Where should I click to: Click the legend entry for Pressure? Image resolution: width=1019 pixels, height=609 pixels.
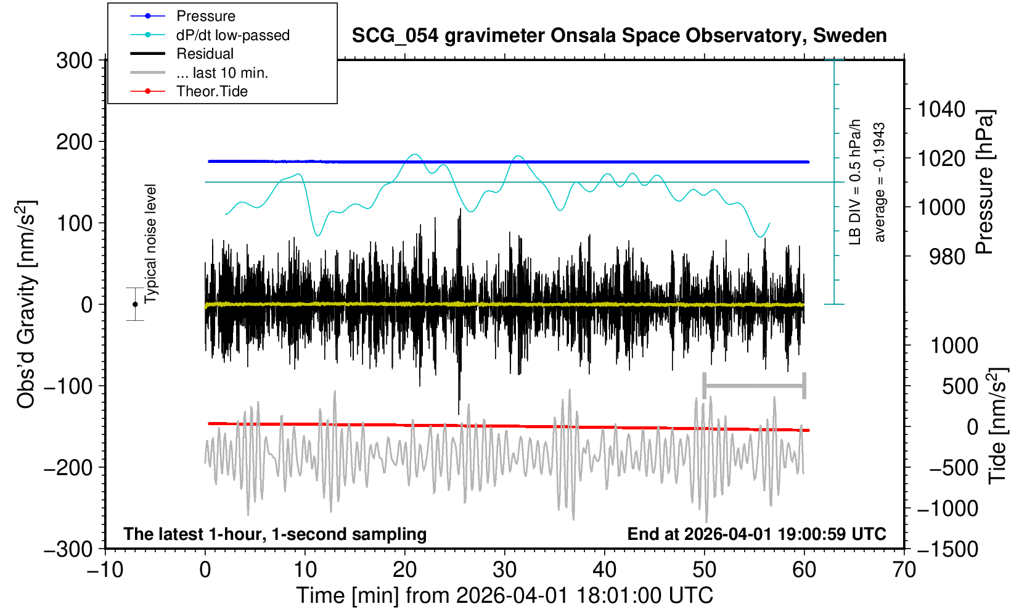(205, 16)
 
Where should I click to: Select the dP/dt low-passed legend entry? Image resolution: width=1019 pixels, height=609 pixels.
(232, 35)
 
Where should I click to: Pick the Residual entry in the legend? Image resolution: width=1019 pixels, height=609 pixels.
(205, 54)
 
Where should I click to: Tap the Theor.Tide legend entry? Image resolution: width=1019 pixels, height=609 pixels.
(211, 91)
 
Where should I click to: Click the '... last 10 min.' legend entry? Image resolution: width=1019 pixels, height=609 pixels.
(222, 73)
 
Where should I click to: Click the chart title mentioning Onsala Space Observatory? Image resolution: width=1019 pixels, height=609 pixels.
(619, 36)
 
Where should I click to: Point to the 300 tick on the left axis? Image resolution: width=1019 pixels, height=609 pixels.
(74, 60)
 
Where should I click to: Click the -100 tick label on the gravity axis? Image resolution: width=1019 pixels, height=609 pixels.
(68, 386)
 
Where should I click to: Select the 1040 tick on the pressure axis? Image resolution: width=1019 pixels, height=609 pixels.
(941, 110)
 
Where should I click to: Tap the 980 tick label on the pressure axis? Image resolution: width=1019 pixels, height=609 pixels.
(947, 257)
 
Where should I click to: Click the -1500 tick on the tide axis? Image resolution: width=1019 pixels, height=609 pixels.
(947, 549)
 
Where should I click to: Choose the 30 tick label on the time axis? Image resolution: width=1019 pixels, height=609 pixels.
(504, 570)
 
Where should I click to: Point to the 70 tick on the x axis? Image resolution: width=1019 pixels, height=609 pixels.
(904, 570)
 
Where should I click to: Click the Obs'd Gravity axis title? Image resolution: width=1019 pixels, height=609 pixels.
(27, 305)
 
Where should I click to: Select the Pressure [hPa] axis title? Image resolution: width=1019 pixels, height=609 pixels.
(984, 183)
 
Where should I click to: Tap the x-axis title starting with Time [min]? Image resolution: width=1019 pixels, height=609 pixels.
(504, 595)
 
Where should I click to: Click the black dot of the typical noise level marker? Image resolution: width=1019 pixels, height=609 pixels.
(135, 304)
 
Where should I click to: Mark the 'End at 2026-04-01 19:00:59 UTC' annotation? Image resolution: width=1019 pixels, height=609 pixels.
(756, 534)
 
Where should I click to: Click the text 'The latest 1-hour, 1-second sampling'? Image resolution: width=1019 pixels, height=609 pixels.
(275, 534)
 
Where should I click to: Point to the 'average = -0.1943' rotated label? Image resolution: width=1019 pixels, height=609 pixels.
(880, 182)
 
